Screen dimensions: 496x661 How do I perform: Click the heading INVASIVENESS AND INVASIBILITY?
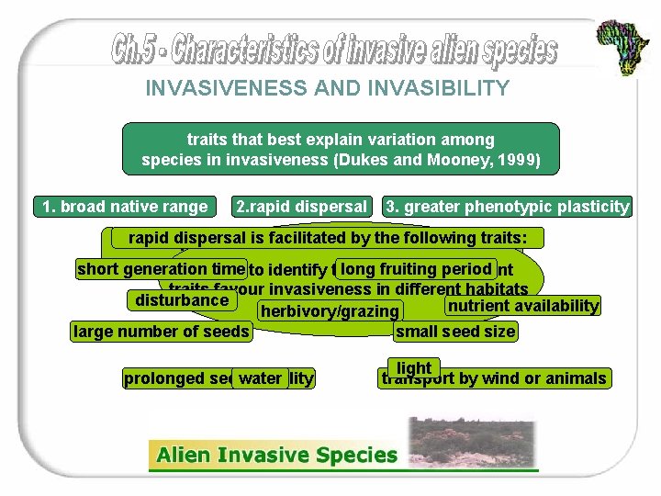tap(327, 88)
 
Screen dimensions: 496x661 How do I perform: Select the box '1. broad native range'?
tap(125, 207)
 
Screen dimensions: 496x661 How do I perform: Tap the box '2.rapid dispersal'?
tap(302, 207)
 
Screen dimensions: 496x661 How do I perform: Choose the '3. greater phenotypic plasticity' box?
tap(508, 207)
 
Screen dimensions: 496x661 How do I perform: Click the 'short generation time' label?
tap(161, 269)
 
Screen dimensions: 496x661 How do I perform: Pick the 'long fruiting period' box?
tap(416, 269)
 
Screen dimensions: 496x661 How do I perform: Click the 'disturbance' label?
tap(182, 300)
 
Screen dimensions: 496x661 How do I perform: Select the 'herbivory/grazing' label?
tap(330, 311)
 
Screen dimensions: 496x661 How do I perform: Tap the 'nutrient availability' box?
tap(522, 305)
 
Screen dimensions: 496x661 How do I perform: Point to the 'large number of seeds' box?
tap(162, 331)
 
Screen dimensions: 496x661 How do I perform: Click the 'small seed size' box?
tap(455, 331)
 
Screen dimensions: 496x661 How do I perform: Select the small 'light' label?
tap(414, 367)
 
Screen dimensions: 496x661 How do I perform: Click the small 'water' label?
tap(261, 378)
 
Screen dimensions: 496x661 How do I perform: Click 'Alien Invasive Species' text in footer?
tap(276, 455)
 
